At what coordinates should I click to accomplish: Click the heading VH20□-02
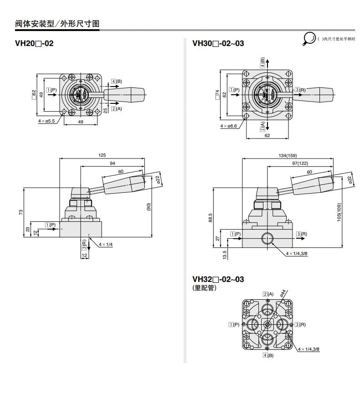click(x=34, y=44)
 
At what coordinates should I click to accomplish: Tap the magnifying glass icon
click(x=309, y=39)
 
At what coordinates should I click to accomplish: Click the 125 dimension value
click(x=102, y=155)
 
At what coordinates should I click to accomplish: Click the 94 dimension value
click(x=112, y=163)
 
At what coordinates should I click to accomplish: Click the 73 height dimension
click(x=21, y=212)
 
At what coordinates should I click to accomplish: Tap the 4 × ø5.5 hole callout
click(x=46, y=121)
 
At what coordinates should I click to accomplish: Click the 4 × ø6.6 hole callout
click(x=229, y=126)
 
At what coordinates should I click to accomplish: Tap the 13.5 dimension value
click(x=223, y=255)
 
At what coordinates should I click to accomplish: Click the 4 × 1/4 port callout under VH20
click(x=105, y=245)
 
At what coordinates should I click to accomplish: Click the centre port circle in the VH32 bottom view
click(x=267, y=324)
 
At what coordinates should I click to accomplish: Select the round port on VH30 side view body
click(x=267, y=238)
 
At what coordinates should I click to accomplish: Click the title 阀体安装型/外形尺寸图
click(x=57, y=24)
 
